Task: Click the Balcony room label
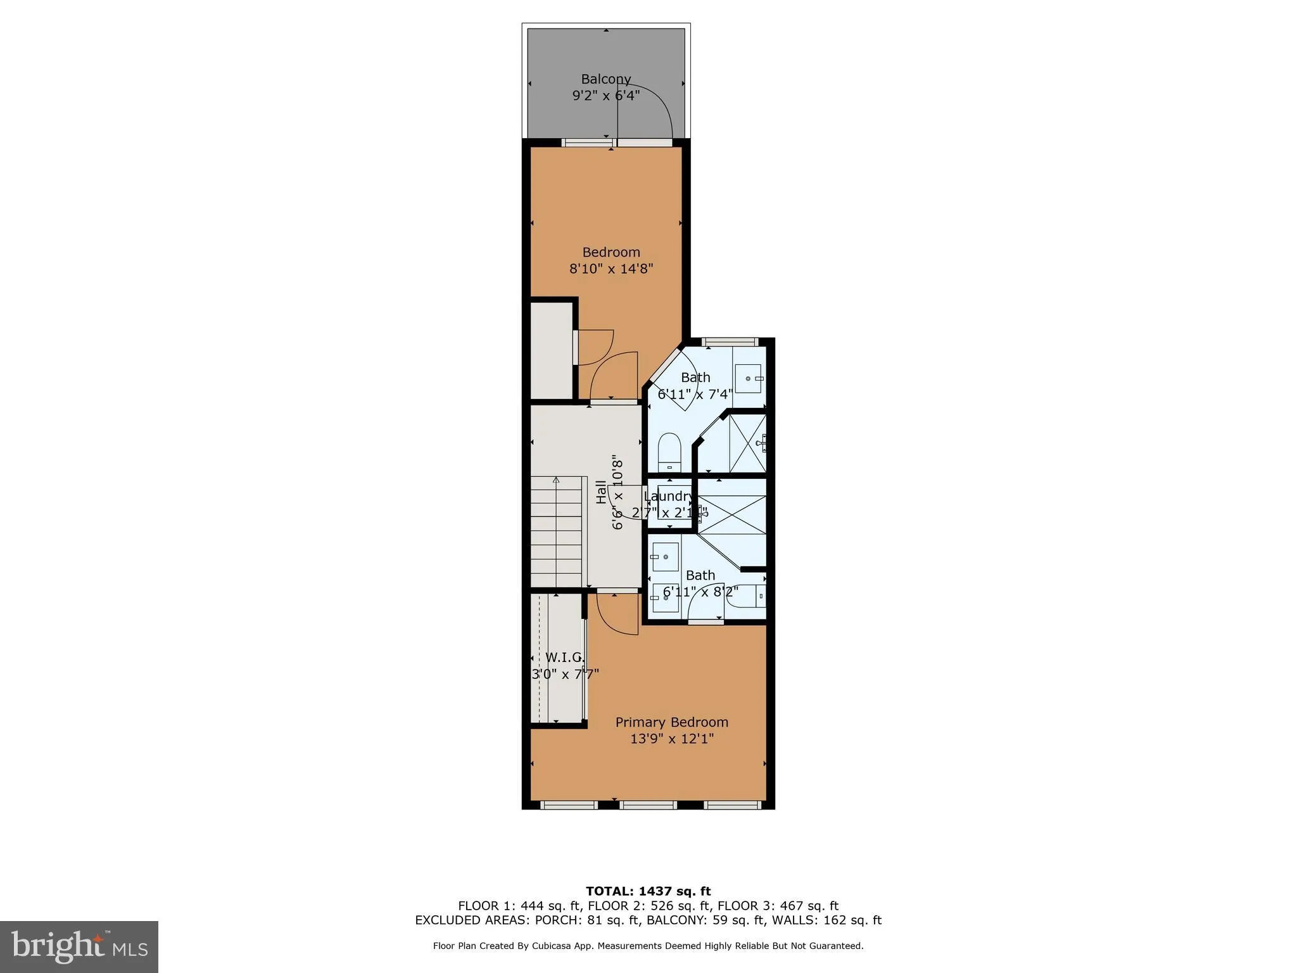point(606,79)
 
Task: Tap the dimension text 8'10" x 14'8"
point(611,269)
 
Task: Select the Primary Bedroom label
point(671,722)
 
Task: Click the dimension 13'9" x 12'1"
point(671,739)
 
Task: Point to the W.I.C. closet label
point(565,658)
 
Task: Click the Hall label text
point(601,493)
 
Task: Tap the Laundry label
point(669,496)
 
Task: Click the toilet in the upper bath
point(669,451)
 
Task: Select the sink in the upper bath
point(751,378)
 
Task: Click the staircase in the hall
point(556,532)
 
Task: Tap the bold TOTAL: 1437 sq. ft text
point(648,891)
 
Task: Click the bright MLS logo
point(79,946)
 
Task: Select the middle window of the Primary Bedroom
point(648,805)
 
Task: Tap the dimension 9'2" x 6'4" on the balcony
point(606,96)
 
